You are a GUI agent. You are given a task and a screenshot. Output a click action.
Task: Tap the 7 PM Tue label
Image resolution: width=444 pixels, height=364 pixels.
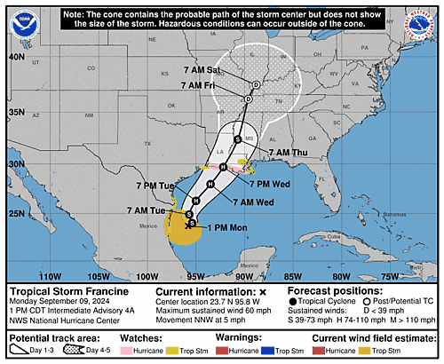pos(156,186)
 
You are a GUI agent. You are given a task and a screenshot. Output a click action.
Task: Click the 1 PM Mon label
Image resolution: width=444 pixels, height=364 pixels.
pos(227,228)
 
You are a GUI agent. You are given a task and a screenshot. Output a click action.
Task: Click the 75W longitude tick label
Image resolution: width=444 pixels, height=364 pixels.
pos(414,275)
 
